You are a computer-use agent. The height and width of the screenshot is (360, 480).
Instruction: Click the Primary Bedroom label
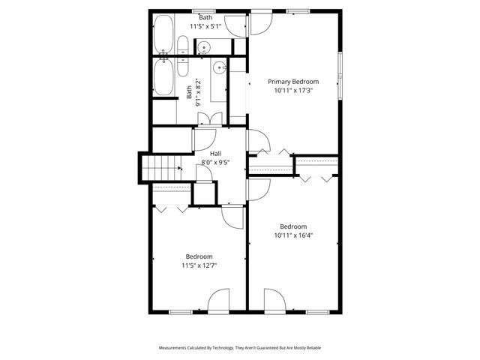pos(293,82)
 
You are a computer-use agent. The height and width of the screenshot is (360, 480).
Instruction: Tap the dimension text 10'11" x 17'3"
pos(293,90)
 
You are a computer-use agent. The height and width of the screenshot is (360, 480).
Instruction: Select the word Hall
pos(214,154)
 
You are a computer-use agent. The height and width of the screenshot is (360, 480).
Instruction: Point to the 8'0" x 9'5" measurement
pos(214,162)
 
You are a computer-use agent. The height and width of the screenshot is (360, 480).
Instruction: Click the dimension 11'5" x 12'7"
pos(199,265)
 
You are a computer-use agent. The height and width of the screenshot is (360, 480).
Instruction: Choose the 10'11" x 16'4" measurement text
pos(293,235)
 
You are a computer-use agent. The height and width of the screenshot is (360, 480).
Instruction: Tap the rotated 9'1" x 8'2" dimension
pos(198,90)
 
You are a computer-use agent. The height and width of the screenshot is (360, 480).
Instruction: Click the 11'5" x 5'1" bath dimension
pos(205,25)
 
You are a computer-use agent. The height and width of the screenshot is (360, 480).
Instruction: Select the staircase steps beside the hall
pos(162,169)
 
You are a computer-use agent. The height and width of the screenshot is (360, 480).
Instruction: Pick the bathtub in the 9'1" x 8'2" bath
pos(163,76)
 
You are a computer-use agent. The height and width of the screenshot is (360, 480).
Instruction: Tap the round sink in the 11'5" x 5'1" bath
pos(205,49)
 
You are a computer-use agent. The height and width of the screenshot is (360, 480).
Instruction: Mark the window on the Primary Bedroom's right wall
pos(340,71)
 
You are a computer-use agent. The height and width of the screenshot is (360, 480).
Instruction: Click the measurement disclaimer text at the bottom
pos(239,348)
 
